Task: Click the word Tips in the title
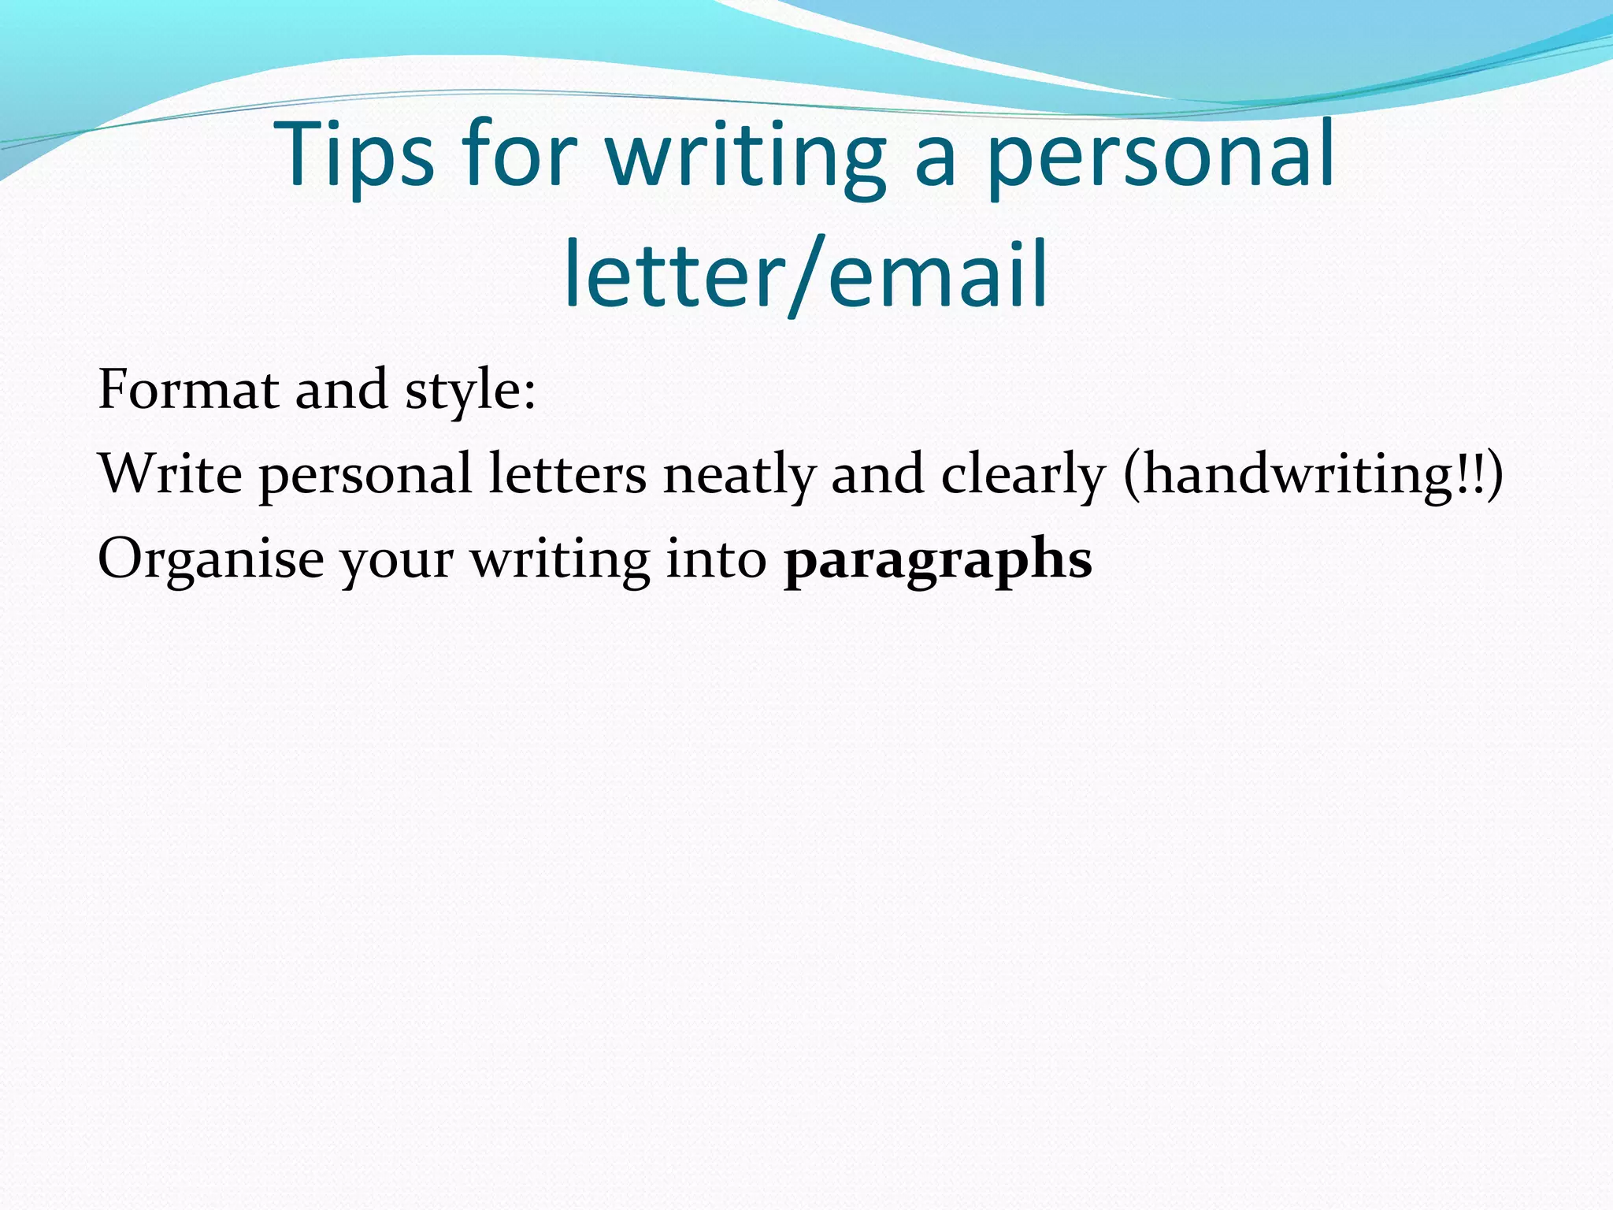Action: coord(356,155)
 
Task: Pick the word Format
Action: coord(188,389)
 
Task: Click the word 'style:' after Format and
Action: coord(470,391)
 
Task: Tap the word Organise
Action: coord(210,560)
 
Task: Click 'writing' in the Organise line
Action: coord(560,560)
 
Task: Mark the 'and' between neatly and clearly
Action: coord(877,474)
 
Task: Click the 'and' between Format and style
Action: coord(341,389)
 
